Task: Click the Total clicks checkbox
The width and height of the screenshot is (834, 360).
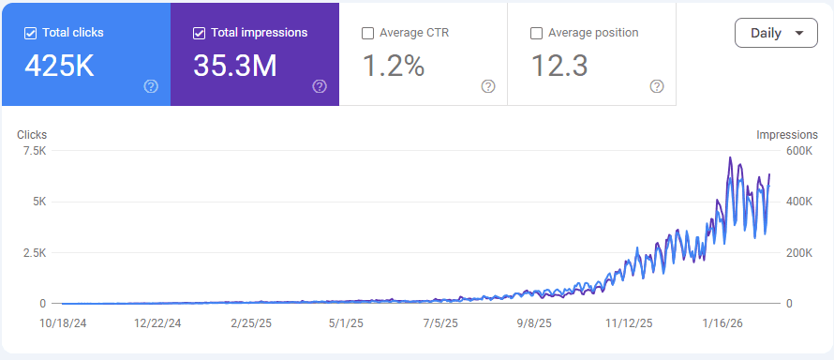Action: click(31, 33)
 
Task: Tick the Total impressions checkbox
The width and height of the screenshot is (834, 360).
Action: click(199, 33)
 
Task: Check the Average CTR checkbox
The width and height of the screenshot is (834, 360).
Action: click(367, 33)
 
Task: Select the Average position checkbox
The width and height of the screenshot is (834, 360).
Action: click(536, 33)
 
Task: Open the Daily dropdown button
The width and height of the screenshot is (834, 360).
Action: click(777, 33)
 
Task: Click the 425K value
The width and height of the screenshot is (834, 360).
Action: click(59, 67)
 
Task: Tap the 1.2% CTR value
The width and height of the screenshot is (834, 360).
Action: click(393, 67)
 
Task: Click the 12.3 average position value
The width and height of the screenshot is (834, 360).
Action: click(559, 67)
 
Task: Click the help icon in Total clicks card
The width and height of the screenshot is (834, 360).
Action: click(151, 86)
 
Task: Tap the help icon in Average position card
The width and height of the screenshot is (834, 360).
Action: click(657, 86)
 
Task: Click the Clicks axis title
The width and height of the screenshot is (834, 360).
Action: click(32, 135)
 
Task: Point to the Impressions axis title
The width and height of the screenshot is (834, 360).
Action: click(787, 135)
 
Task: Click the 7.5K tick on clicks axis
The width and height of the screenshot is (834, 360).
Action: click(34, 151)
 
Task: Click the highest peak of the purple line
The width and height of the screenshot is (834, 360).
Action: click(730, 157)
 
